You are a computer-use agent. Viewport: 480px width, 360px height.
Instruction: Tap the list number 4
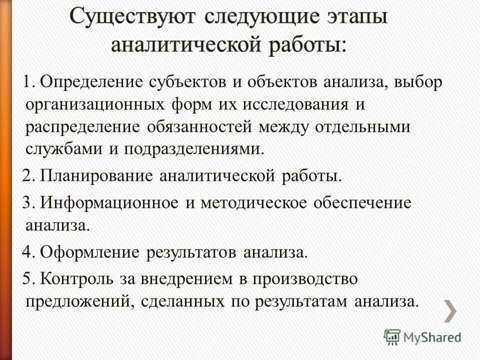click(28, 252)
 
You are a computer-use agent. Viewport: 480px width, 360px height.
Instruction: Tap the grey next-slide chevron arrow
click(450, 311)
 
